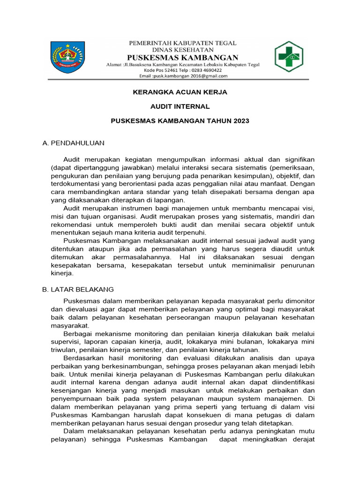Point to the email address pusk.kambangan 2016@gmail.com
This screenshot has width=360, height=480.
[x=190, y=76]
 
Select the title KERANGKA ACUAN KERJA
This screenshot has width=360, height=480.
[x=180, y=92]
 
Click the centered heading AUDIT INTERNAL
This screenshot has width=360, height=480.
[x=180, y=106]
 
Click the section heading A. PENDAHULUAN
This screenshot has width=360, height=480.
[x=73, y=142]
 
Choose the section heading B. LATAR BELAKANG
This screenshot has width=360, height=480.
[x=78, y=289]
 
